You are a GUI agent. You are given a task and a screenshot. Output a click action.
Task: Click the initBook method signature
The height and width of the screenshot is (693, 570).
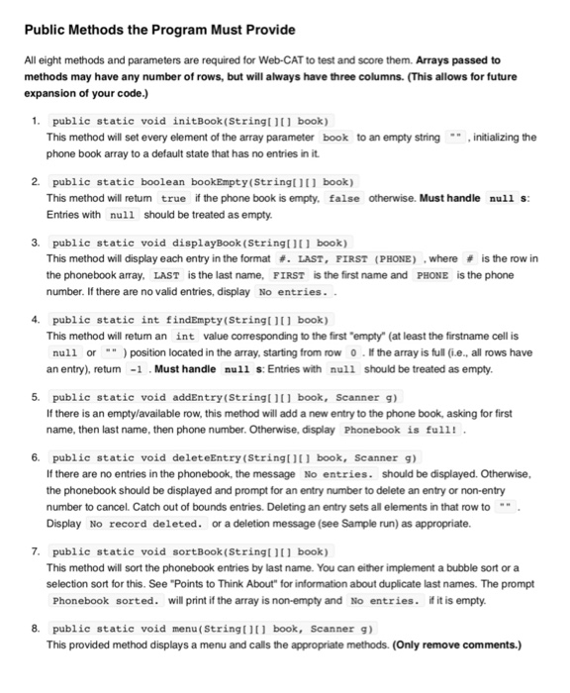pyautogui.click(x=189, y=121)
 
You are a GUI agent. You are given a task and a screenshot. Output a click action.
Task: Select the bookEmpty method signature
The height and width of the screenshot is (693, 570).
pyautogui.click(x=202, y=182)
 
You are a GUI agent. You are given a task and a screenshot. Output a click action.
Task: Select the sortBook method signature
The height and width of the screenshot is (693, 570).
pyautogui.click(x=187, y=550)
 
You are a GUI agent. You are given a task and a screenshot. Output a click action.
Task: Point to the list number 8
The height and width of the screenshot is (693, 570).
pyautogui.click(x=35, y=628)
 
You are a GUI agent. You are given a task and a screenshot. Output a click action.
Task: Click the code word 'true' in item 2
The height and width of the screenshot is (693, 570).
pyautogui.click(x=173, y=198)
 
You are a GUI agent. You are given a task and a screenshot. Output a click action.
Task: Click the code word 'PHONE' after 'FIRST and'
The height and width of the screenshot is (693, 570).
pyautogui.click(x=436, y=274)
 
